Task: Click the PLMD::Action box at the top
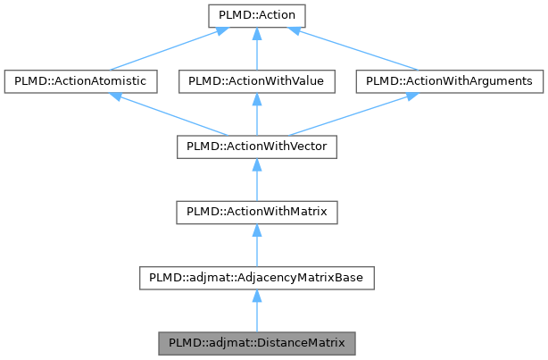(256, 15)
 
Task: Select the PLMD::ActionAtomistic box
(81, 81)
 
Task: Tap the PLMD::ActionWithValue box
(256, 81)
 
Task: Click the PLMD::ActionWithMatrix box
(256, 213)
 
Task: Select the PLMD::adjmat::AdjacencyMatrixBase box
(256, 278)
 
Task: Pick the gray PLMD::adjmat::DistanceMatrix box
(256, 343)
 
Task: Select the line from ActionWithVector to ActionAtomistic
(170, 114)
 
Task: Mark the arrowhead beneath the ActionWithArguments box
(410, 96)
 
